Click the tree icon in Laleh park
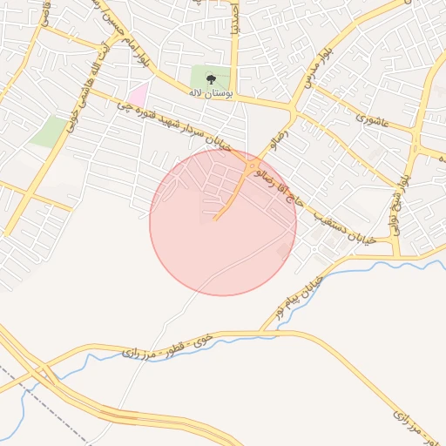(x=209, y=77)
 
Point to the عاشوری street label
(x=372, y=113)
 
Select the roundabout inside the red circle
(x=253, y=166)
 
